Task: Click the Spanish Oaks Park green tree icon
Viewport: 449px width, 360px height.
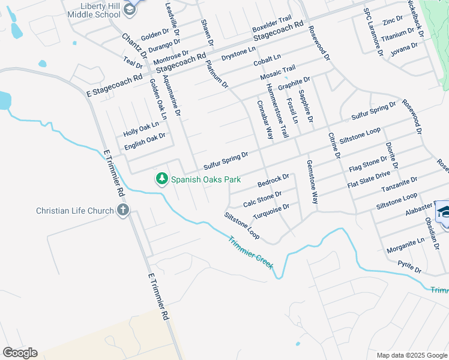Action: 161,179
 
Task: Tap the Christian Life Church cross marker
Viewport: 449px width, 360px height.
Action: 123,210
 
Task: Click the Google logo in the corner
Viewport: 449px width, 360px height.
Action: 20,353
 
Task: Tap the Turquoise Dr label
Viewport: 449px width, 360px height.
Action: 271,211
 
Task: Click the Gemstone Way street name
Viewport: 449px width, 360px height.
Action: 312,182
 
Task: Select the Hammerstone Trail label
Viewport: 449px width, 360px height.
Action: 281,111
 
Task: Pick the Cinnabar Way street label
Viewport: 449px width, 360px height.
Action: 266,120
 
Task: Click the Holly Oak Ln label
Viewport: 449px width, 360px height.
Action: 141,128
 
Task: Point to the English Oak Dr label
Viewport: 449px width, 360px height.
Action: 145,142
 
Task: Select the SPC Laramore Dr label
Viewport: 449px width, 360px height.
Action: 373,32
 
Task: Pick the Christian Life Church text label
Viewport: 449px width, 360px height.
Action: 75,211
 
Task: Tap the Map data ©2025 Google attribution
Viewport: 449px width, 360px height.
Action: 412,355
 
